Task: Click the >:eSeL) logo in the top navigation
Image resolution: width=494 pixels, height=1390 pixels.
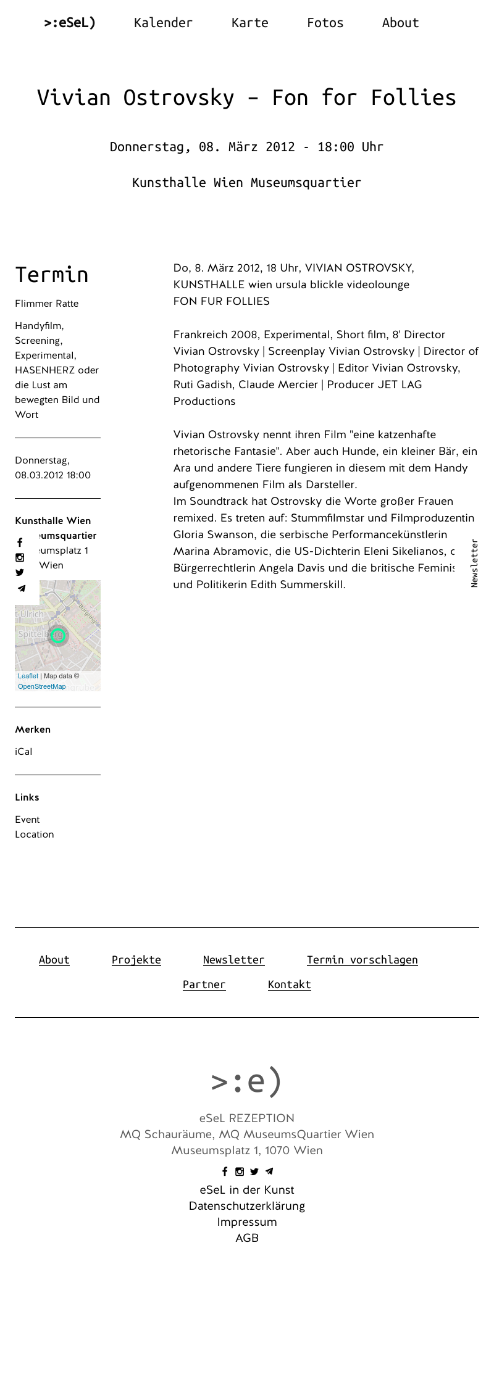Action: (x=70, y=23)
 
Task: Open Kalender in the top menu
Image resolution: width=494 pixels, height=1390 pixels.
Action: (x=163, y=23)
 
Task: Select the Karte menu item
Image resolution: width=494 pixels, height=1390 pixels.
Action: (x=249, y=23)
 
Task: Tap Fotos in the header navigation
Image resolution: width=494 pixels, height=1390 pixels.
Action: (x=325, y=23)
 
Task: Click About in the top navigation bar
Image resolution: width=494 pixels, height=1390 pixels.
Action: (x=400, y=23)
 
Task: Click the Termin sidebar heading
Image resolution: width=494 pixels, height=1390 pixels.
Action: (x=52, y=275)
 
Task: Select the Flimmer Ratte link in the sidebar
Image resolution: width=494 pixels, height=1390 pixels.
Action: (x=47, y=304)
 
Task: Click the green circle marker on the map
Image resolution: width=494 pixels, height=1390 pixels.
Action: (x=58, y=635)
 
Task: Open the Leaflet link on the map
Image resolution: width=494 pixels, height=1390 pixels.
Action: (x=28, y=676)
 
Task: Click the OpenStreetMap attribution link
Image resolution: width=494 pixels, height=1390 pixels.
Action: (x=41, y=686)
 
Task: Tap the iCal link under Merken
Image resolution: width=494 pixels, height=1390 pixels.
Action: (x=23, y=752)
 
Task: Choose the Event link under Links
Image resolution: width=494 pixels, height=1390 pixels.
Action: (x=27, y=820)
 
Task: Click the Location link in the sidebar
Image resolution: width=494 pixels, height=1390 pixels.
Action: (x=35, y=834)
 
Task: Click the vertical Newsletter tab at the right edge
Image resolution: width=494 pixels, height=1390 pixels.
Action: (x=474, y=563)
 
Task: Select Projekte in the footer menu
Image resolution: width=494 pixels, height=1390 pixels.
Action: (x=136, y=960)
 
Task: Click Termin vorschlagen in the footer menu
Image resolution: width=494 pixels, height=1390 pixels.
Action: (x=362, y=960)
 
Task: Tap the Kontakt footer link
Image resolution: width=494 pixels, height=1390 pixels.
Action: (x=290, y=984)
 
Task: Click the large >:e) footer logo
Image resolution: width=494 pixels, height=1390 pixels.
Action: (x=247, y=1081)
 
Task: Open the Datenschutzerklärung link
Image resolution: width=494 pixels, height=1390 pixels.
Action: (x=247, y=1206)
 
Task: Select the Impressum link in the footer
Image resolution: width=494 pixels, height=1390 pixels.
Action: (x=247, y=1222)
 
